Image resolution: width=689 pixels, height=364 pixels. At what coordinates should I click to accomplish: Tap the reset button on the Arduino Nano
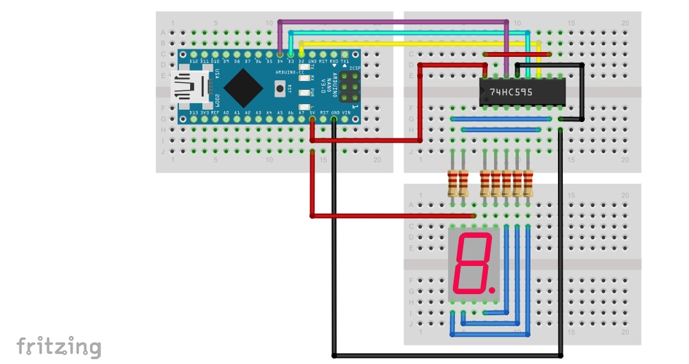pos(280,88)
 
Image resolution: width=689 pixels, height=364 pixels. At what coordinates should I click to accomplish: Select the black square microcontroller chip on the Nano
pos(243,86)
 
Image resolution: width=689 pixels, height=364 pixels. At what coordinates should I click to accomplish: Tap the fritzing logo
pos(59,346)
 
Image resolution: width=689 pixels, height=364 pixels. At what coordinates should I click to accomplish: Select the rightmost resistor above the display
pos(528,183)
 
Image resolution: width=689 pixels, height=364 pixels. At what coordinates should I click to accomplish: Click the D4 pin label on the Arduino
pos(280,62)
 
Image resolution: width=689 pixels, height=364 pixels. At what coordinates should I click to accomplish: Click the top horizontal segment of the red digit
pos(476,236)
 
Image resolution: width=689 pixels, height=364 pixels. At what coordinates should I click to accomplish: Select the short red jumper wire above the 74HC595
pos(517,53)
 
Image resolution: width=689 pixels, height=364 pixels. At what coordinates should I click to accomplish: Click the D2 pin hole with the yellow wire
pos(302,53)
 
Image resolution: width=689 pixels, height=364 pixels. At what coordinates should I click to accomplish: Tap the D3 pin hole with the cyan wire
pos(291,53)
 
